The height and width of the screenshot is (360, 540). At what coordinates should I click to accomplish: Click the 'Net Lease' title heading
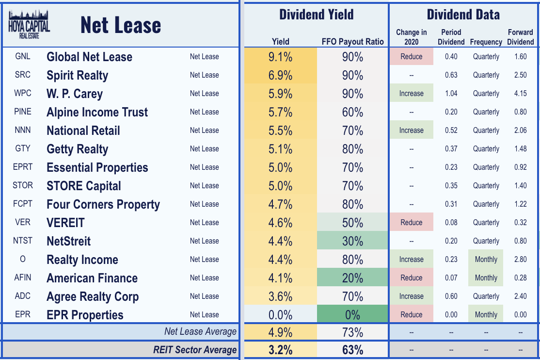coord(121,25)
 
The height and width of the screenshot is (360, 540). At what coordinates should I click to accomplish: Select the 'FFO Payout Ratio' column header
coord(352,42)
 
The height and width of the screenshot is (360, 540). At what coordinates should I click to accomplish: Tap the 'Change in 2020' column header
coord(411,37)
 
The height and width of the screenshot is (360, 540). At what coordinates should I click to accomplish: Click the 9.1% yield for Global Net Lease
coord(280,57)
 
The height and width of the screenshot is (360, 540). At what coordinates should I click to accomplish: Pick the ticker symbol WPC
coord(23,93)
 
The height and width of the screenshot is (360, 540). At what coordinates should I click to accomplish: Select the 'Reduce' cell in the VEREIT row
coord(411,222)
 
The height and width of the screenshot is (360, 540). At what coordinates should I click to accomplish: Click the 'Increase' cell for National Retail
coord(411,130)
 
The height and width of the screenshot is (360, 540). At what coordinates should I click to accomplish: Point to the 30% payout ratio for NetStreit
coord(352,241)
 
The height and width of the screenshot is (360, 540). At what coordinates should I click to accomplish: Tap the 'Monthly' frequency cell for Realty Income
coord(486,259)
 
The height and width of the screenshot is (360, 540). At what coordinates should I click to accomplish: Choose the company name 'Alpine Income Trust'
coord(97,112)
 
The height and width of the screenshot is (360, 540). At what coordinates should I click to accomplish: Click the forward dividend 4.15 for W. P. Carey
coord(520,93)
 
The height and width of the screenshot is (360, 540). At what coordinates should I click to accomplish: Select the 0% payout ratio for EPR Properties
coord(352,314)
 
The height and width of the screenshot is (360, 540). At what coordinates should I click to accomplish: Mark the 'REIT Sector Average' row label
coord(195,349)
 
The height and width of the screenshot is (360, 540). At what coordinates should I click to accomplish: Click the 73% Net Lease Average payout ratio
coord(352,332)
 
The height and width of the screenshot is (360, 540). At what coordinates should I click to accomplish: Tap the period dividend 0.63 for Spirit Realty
coord(451,75)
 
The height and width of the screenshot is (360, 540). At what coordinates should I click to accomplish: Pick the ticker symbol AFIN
coord(23,278)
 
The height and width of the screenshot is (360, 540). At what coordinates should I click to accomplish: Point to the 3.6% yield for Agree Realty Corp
coord(280,296)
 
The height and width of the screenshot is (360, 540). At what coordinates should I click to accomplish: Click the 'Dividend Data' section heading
coord(463,15)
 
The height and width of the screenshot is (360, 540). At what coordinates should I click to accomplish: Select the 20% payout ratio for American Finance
coord(352,278)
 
